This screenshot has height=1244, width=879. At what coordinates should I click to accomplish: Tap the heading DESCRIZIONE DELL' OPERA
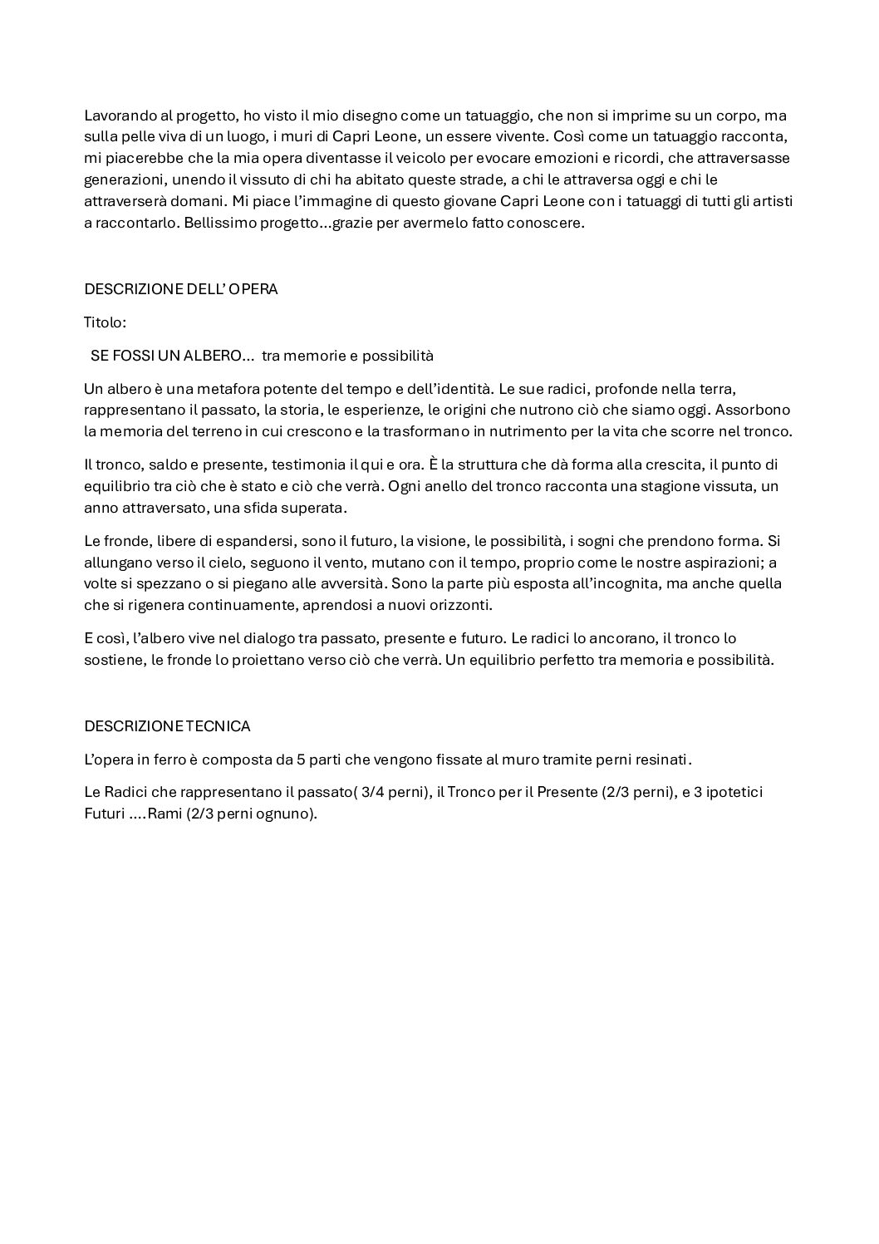[181, 289]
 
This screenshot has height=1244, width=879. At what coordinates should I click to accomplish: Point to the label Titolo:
[106, 322]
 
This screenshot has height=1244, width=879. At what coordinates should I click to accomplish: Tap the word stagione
[642, 486]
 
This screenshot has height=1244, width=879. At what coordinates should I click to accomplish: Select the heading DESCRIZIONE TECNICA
[167, 726]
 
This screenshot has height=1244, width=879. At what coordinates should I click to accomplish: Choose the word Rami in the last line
[165, 814]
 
